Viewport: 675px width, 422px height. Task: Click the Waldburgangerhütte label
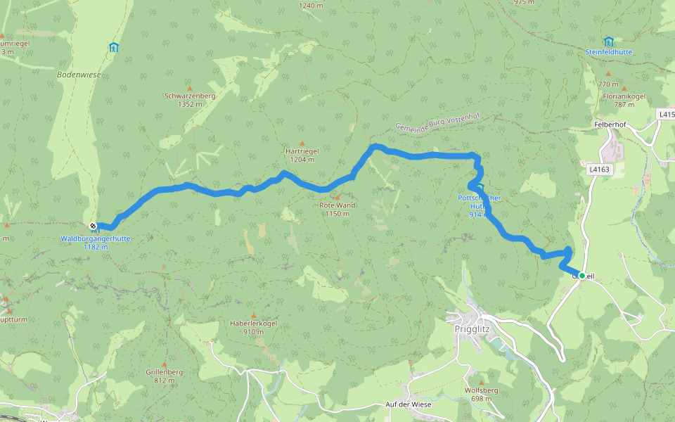coord(95,239)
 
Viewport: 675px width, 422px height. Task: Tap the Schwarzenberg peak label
coord(189,96)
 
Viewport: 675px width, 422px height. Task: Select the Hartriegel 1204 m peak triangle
coord(302,143)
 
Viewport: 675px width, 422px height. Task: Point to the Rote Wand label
coord(337,205)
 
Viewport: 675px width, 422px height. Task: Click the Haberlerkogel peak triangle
coord(254,314)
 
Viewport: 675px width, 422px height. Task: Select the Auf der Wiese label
coord(408,404)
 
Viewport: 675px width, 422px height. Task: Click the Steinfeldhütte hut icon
coord(608,41)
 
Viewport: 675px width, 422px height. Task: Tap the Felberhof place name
coord(609,124)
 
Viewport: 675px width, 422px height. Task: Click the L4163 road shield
coord(598,169)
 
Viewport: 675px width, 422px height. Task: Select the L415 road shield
coord(666,113)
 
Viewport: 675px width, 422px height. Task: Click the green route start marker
coord(581,275)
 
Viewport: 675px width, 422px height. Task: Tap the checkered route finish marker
coord(94,226)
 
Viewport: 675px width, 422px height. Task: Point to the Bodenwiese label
coord(79,74)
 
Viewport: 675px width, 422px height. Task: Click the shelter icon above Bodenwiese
coord(114,48)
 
